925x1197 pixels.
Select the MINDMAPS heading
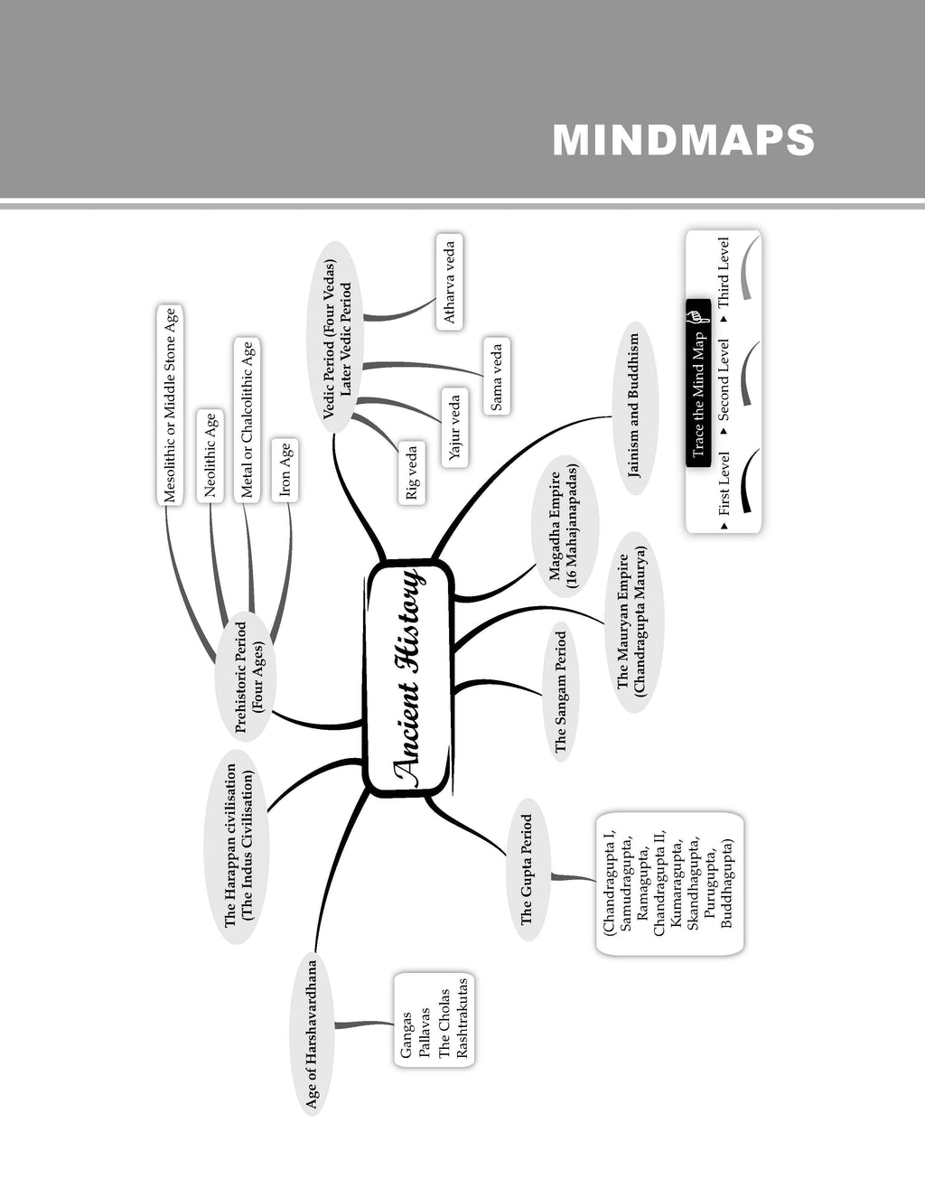(683, 140)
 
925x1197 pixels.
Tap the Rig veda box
(412, 472)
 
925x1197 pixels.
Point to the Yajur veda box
(454, 428)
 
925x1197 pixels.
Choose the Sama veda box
(497, 376)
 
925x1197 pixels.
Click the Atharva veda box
(449, 282)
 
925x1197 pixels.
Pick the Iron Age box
(285, 470)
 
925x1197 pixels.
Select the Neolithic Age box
(210, 456)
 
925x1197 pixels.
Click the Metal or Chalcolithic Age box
(248, 420)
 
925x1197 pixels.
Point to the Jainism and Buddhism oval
(635, 408)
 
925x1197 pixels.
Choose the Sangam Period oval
(561, 692)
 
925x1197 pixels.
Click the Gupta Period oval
(528, 869)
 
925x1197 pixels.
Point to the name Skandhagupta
(693, 884)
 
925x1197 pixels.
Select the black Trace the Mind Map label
(698, 384)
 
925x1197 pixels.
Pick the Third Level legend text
(724, 273)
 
